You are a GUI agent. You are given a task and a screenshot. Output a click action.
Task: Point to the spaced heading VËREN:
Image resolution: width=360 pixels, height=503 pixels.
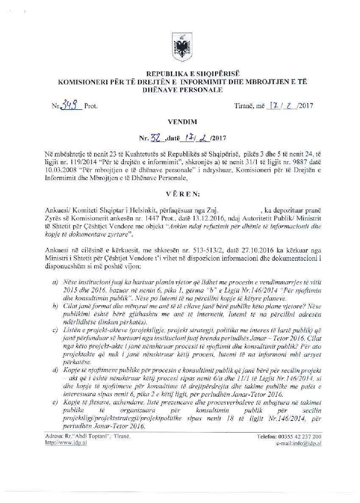[x=179, y=195]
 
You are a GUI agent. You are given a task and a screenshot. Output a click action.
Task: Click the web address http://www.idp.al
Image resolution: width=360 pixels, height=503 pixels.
[x=66, y=443]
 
